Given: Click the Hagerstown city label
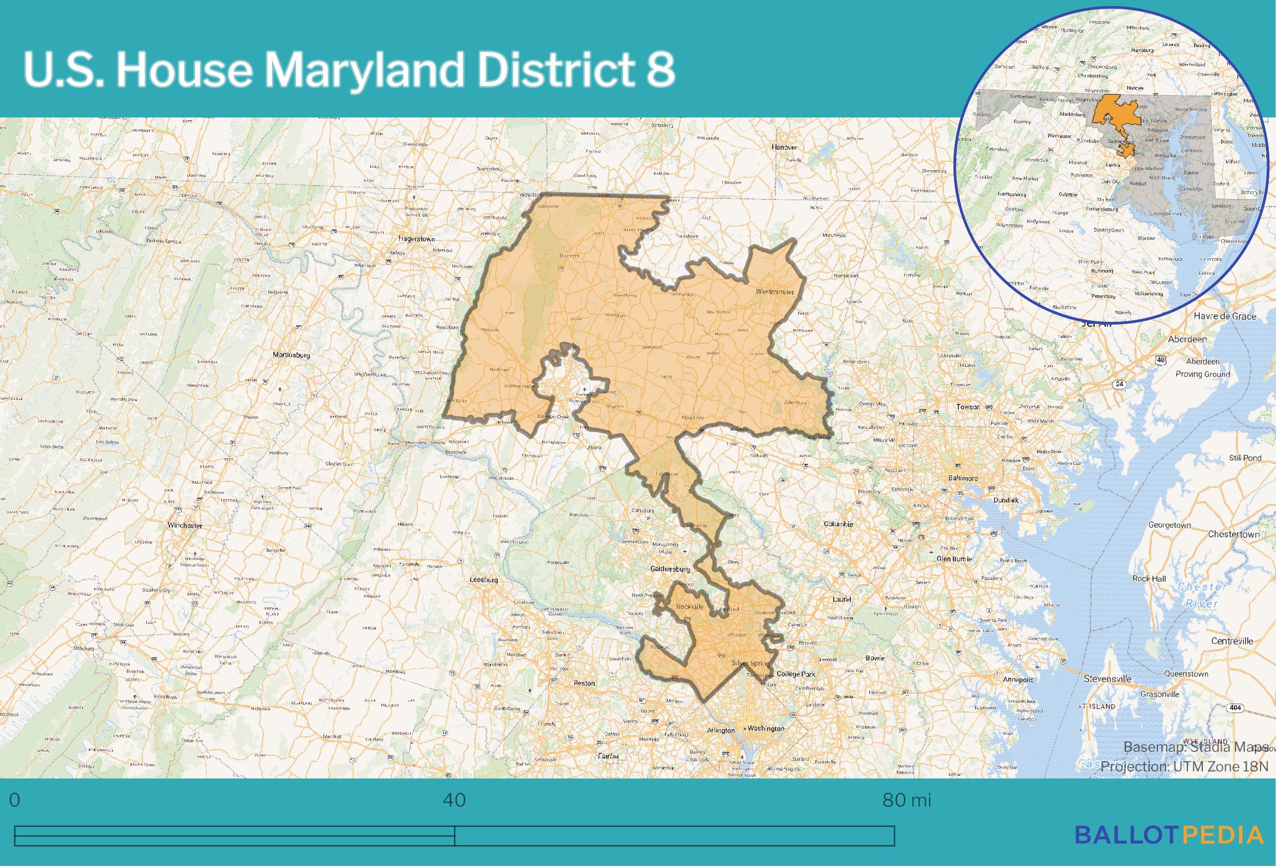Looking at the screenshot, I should pyautogui.click(x=416, y=239).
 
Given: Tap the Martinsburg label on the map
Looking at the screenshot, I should pyautogui.click(x=291, y=355).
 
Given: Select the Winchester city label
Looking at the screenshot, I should pyautogui.click(x=185, y=525).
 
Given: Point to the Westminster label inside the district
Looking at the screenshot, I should pyautogui.click(x=774, y=291).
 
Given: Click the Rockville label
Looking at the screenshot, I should pyautogui.click(x=690, y=607).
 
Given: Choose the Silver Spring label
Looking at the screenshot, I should pyautogui.click(x=751, y=663).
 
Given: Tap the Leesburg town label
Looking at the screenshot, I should pyautogui.click(x=483, y=580).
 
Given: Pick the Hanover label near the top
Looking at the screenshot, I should pyautogui.click(x=784, y=147).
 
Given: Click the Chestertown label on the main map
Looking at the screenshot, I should pyautogui.click(x=1234, y=535).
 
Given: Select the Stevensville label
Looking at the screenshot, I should pyautogui.click(x=1108, y=679).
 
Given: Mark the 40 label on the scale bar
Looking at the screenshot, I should pyautogui.click(x=454, y=800).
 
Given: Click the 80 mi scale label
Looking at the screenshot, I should pyautogui.click(x=906, y=800).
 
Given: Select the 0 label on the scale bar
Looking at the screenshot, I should pyautogui.click(x=15, y=800).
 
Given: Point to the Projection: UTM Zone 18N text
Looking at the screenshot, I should pyautogui.click(x=1184, y=767).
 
